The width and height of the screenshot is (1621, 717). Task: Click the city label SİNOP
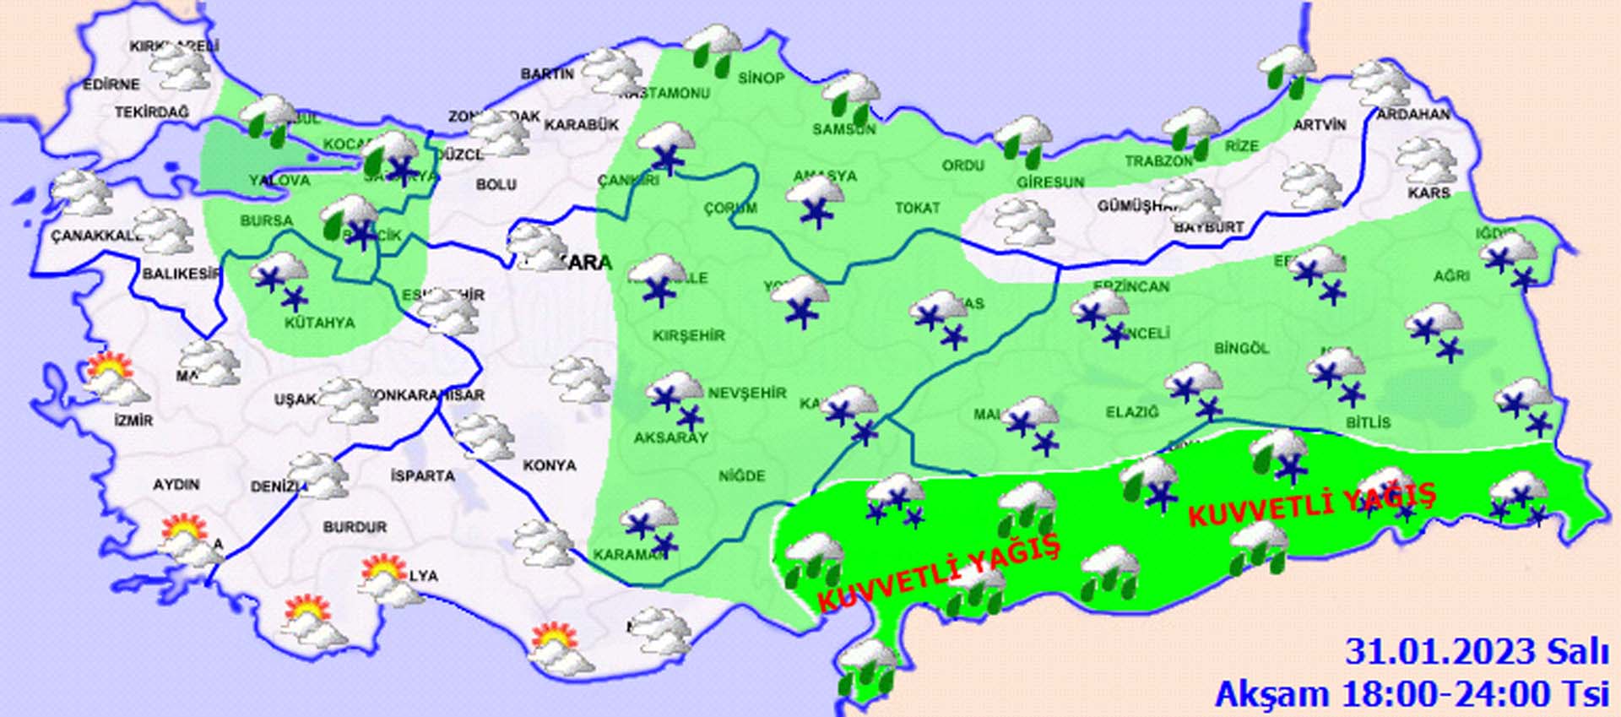coord(762,79)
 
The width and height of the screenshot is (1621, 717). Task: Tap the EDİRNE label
coord(111,84)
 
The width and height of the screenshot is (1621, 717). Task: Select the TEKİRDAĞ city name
coord(152,112)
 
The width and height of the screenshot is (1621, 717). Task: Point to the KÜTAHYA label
coord(319,323)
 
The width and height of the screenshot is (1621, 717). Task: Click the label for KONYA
coord(550,465)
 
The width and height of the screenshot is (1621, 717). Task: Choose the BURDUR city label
coord(355,527)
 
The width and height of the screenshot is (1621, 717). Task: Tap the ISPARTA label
coord(423,476)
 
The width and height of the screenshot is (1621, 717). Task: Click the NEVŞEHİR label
coord(747,393)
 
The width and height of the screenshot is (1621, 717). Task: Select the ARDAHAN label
coord(1413,114)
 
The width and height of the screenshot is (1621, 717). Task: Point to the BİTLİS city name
coord(1368,422)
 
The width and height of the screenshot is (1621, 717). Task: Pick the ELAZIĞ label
coord(1132,412)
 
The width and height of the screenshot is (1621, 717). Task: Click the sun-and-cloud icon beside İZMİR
coord(115,378)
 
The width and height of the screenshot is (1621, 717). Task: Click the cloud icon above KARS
coord(1426,162)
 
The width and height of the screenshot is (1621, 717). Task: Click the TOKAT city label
coord(917,208)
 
